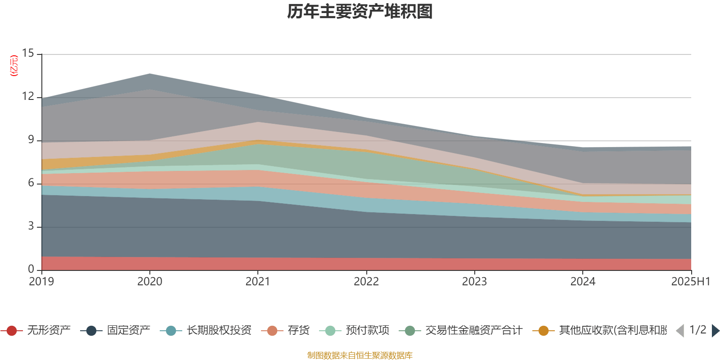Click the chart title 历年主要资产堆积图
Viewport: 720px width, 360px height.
coord(360,12)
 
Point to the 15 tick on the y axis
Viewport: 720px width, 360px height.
coord(28,54)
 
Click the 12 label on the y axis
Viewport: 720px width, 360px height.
coord(28,97)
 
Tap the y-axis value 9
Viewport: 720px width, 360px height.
coord(31,140)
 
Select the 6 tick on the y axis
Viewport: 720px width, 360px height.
coord(31,183)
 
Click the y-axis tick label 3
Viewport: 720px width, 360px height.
coord(31,226)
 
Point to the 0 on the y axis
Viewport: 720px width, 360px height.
coord(31,269)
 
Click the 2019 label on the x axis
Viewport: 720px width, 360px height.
coord(41,282)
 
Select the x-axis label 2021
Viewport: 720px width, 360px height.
coord(257,282)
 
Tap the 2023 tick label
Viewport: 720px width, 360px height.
coord(474,282)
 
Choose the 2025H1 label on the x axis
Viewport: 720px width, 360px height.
coord(690,282)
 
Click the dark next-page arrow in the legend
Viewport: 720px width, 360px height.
coord(715,331)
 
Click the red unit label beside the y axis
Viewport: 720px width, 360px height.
coord(14,66)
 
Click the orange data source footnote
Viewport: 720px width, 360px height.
coord(360,355)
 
